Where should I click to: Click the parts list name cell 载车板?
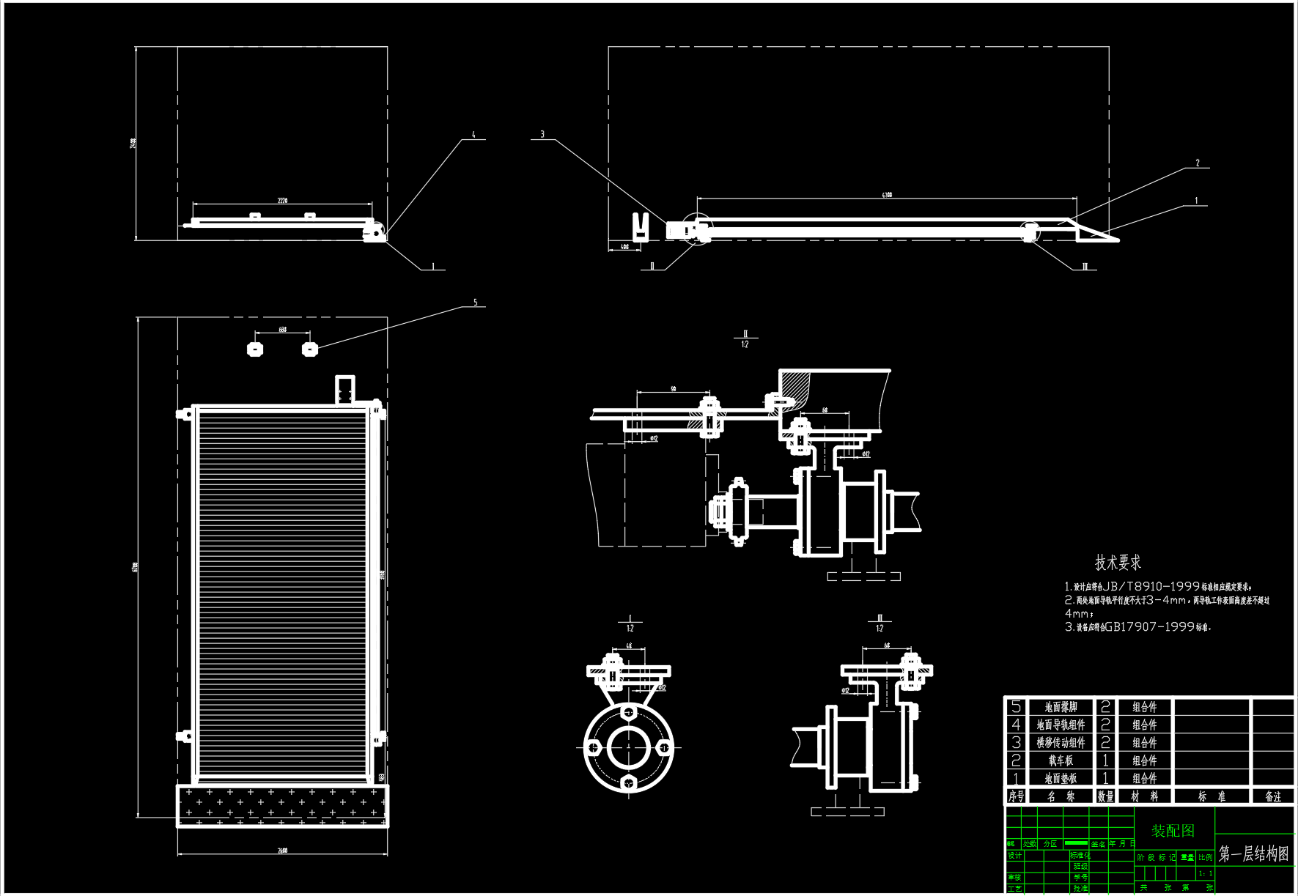point(1061,760)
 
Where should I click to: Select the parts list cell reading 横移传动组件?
point(1061,742)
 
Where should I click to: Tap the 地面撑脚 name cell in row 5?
point(1061,707)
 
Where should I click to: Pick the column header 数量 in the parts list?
point(1105,796)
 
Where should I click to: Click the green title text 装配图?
point(1173,831)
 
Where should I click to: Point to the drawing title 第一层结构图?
point(1253,854)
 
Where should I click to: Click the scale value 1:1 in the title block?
point(1205,873)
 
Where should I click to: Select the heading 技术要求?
point(1118,563)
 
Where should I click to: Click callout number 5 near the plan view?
point(475,303)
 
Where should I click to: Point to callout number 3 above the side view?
point(542,134)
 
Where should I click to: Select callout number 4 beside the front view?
point(473,135)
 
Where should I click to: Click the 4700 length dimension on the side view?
point(887,195)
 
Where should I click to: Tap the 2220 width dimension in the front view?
point(282,200)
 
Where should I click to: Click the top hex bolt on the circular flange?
point(628,711)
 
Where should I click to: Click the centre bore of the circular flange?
point(628,747)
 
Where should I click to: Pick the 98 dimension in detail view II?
point(674,389)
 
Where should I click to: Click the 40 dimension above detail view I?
point(629,646)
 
